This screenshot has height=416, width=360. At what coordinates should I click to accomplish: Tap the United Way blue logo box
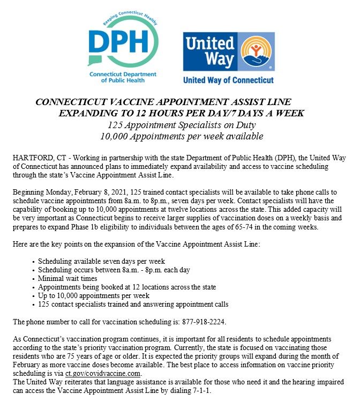point(229,51)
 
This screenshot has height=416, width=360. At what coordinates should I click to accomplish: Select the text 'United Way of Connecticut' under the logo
point(228,80)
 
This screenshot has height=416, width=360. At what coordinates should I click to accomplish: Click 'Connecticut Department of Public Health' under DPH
point(123,77)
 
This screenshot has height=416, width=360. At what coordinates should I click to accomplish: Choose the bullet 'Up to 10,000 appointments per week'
point(94,296)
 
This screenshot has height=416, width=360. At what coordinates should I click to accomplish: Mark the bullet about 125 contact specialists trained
point(133,304)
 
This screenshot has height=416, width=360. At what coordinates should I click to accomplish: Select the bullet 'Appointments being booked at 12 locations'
point(127,287)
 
